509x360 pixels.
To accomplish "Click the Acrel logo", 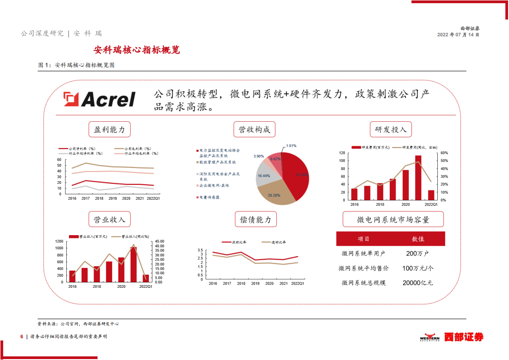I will point(99,99).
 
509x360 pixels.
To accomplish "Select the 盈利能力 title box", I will point(109,130).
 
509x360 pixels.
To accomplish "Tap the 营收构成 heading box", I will point(254,130).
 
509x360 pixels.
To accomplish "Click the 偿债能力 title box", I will point(255,220).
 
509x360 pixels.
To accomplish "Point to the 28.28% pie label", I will point(274,195).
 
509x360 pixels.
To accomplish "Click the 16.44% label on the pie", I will point(264,176).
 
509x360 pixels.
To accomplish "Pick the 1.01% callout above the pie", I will point(291,146).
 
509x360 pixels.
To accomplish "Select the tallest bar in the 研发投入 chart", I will point(418,178).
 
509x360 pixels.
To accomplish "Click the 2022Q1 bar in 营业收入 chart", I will point(146,278).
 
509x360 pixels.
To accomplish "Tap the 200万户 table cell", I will point(417,253).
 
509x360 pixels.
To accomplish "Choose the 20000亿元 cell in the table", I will point(417,282).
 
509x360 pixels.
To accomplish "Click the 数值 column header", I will point(417,239).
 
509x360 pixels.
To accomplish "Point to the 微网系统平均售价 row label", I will point(363,268).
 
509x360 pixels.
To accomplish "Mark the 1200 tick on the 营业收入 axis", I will point(59,242).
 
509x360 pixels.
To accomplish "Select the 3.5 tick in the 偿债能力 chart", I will point(200,250).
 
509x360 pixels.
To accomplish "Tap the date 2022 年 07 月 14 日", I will point(458,35).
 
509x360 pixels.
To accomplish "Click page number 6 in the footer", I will point(21,336).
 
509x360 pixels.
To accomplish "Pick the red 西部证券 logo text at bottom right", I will point(463,337).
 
